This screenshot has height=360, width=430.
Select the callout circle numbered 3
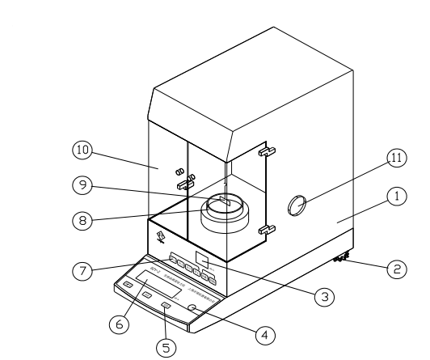322,297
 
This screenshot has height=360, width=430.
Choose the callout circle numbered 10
82,150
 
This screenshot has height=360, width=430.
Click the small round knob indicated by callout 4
193,308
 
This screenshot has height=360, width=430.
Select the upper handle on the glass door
263,150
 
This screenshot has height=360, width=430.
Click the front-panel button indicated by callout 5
166,305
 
